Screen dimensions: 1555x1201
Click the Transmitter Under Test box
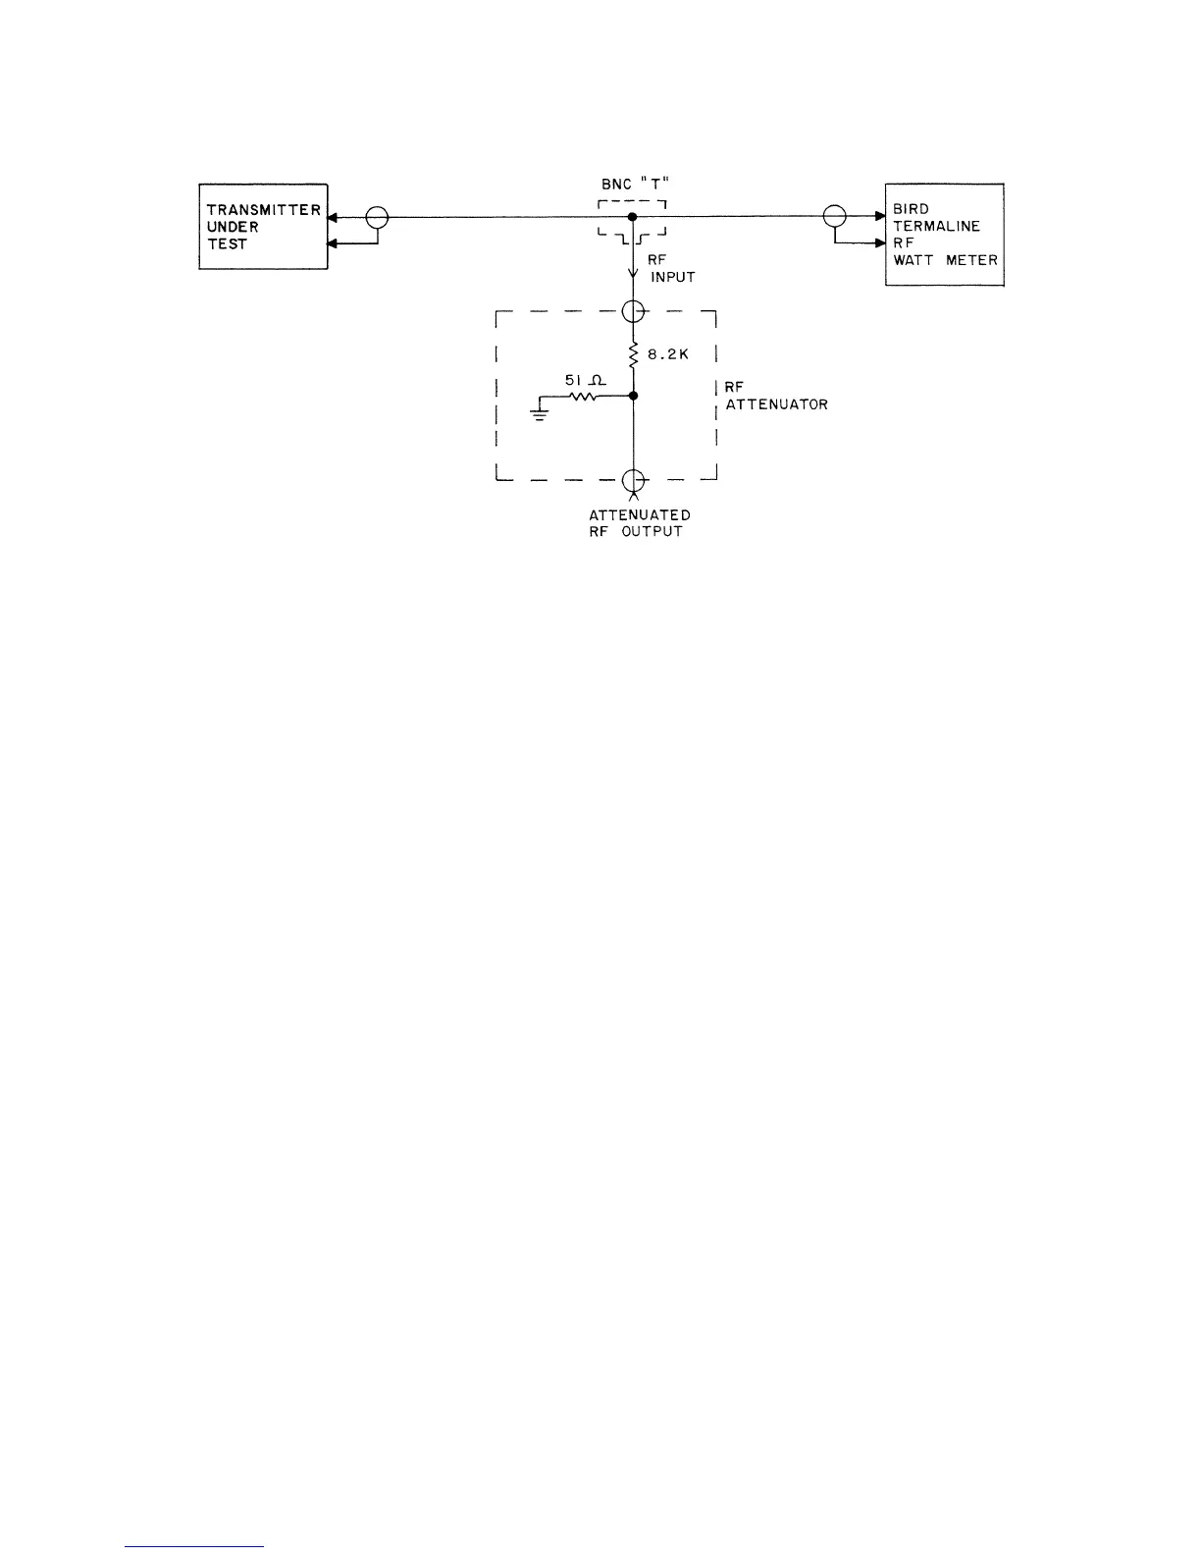(x=263, y=227)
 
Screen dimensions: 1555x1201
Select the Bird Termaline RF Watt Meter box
(x=944, y=235)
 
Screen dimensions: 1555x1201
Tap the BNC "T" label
(x=634, y=185)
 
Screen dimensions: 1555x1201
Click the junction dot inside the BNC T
(x=633, y=216)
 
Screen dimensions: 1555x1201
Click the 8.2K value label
(x=668, y=354)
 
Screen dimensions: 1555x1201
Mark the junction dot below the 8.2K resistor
(x=633, y=397)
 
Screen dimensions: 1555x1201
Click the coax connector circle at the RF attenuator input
(x=633, y=312)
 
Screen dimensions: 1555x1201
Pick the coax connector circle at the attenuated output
(x=633, y=480)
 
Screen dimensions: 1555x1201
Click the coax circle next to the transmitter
(x=377, y=217)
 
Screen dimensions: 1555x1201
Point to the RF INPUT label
(x=671, y=269)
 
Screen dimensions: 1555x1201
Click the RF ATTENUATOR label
(x=775, y=396)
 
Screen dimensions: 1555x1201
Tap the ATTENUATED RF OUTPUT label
(x=639, y=523)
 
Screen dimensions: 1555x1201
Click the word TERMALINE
(x=936, y=227)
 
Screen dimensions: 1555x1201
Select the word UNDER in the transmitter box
(x=233, y=227)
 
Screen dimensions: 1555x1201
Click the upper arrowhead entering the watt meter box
(x=879, y=216)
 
